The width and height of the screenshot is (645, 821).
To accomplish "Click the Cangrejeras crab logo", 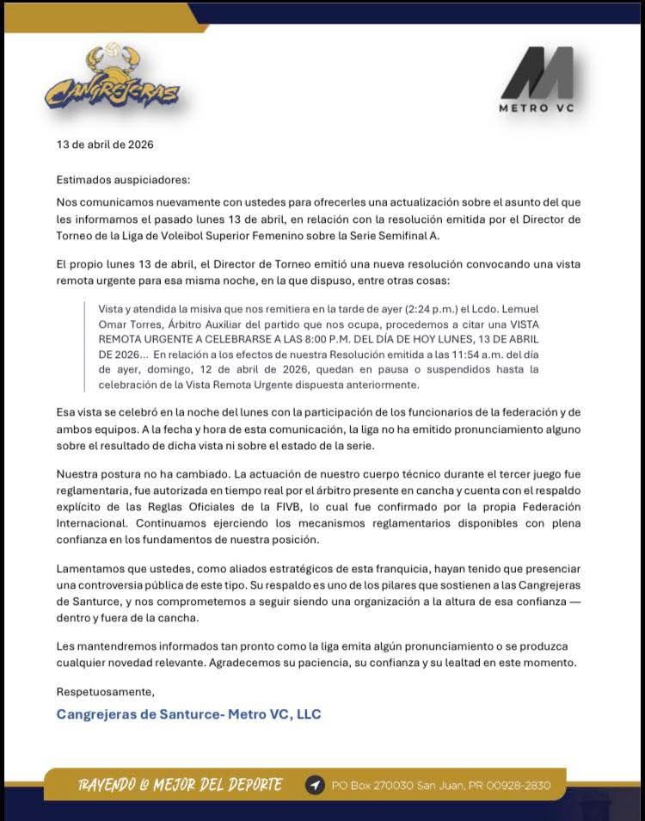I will coord(112,79).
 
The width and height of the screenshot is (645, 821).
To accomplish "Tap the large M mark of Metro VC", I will coord(537,72).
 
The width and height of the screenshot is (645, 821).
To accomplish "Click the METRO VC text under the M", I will coord(537,108).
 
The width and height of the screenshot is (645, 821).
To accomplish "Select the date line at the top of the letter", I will coord(105,145).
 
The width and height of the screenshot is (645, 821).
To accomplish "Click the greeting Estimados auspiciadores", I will coord(123,180).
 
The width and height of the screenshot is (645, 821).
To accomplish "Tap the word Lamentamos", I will coord(91,570).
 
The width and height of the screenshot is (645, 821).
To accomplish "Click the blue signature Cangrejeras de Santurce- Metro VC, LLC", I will coord(188,714).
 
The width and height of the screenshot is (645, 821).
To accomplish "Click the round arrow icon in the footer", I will coord(315,785).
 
